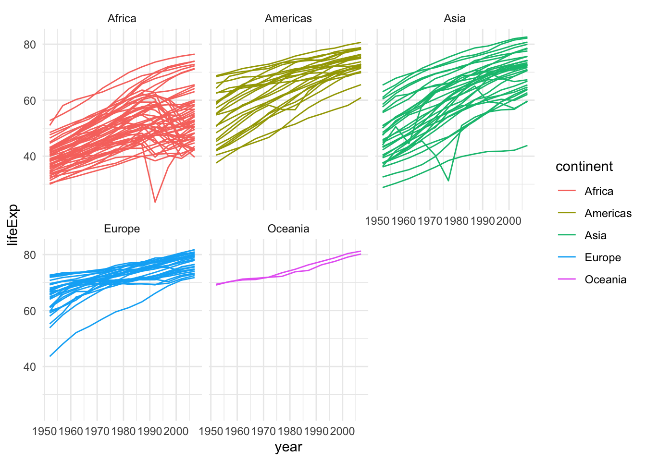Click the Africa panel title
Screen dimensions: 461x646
click(122, 19)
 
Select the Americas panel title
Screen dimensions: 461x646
click(288, 19)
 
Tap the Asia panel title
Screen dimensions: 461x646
click(454, 19)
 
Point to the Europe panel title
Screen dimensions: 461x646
click(122, 229)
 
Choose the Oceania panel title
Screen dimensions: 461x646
click(288, 229)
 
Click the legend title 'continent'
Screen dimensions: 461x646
click(584, 167)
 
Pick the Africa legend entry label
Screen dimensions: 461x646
click(598, 192)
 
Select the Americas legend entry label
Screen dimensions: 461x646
click(608, 214)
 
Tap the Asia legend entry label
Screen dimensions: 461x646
click(595, 236)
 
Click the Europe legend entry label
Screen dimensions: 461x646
click(602, 258)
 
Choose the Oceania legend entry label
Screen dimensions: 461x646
click(605, 280)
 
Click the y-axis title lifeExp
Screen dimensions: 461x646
click(13, 225)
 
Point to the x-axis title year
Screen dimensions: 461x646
click(288, 447)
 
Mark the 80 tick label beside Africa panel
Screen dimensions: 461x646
click(30, 45)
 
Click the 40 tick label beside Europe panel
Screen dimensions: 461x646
click(30, 367)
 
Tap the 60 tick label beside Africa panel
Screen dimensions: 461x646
click(30, 101)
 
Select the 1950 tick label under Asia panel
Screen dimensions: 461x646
click(377, 221)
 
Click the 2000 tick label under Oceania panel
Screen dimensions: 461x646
click(342, 431)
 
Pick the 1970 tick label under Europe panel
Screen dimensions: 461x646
click(97, 431)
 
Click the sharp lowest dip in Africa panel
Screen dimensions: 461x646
click(155, 202)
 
